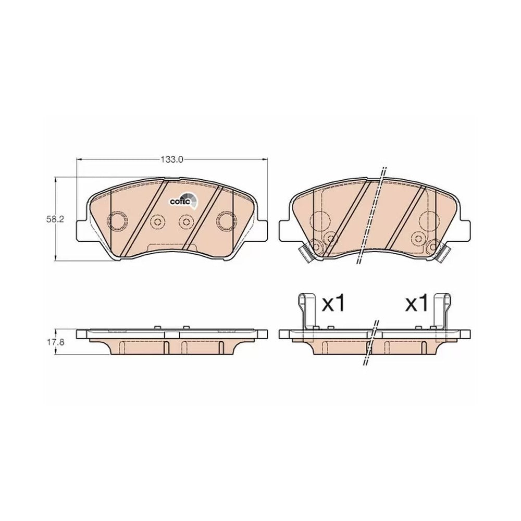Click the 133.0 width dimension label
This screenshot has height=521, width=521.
[x=172, y=159]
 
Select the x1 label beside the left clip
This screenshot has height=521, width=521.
[x=334, y=303]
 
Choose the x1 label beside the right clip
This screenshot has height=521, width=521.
[x=416, y=303]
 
